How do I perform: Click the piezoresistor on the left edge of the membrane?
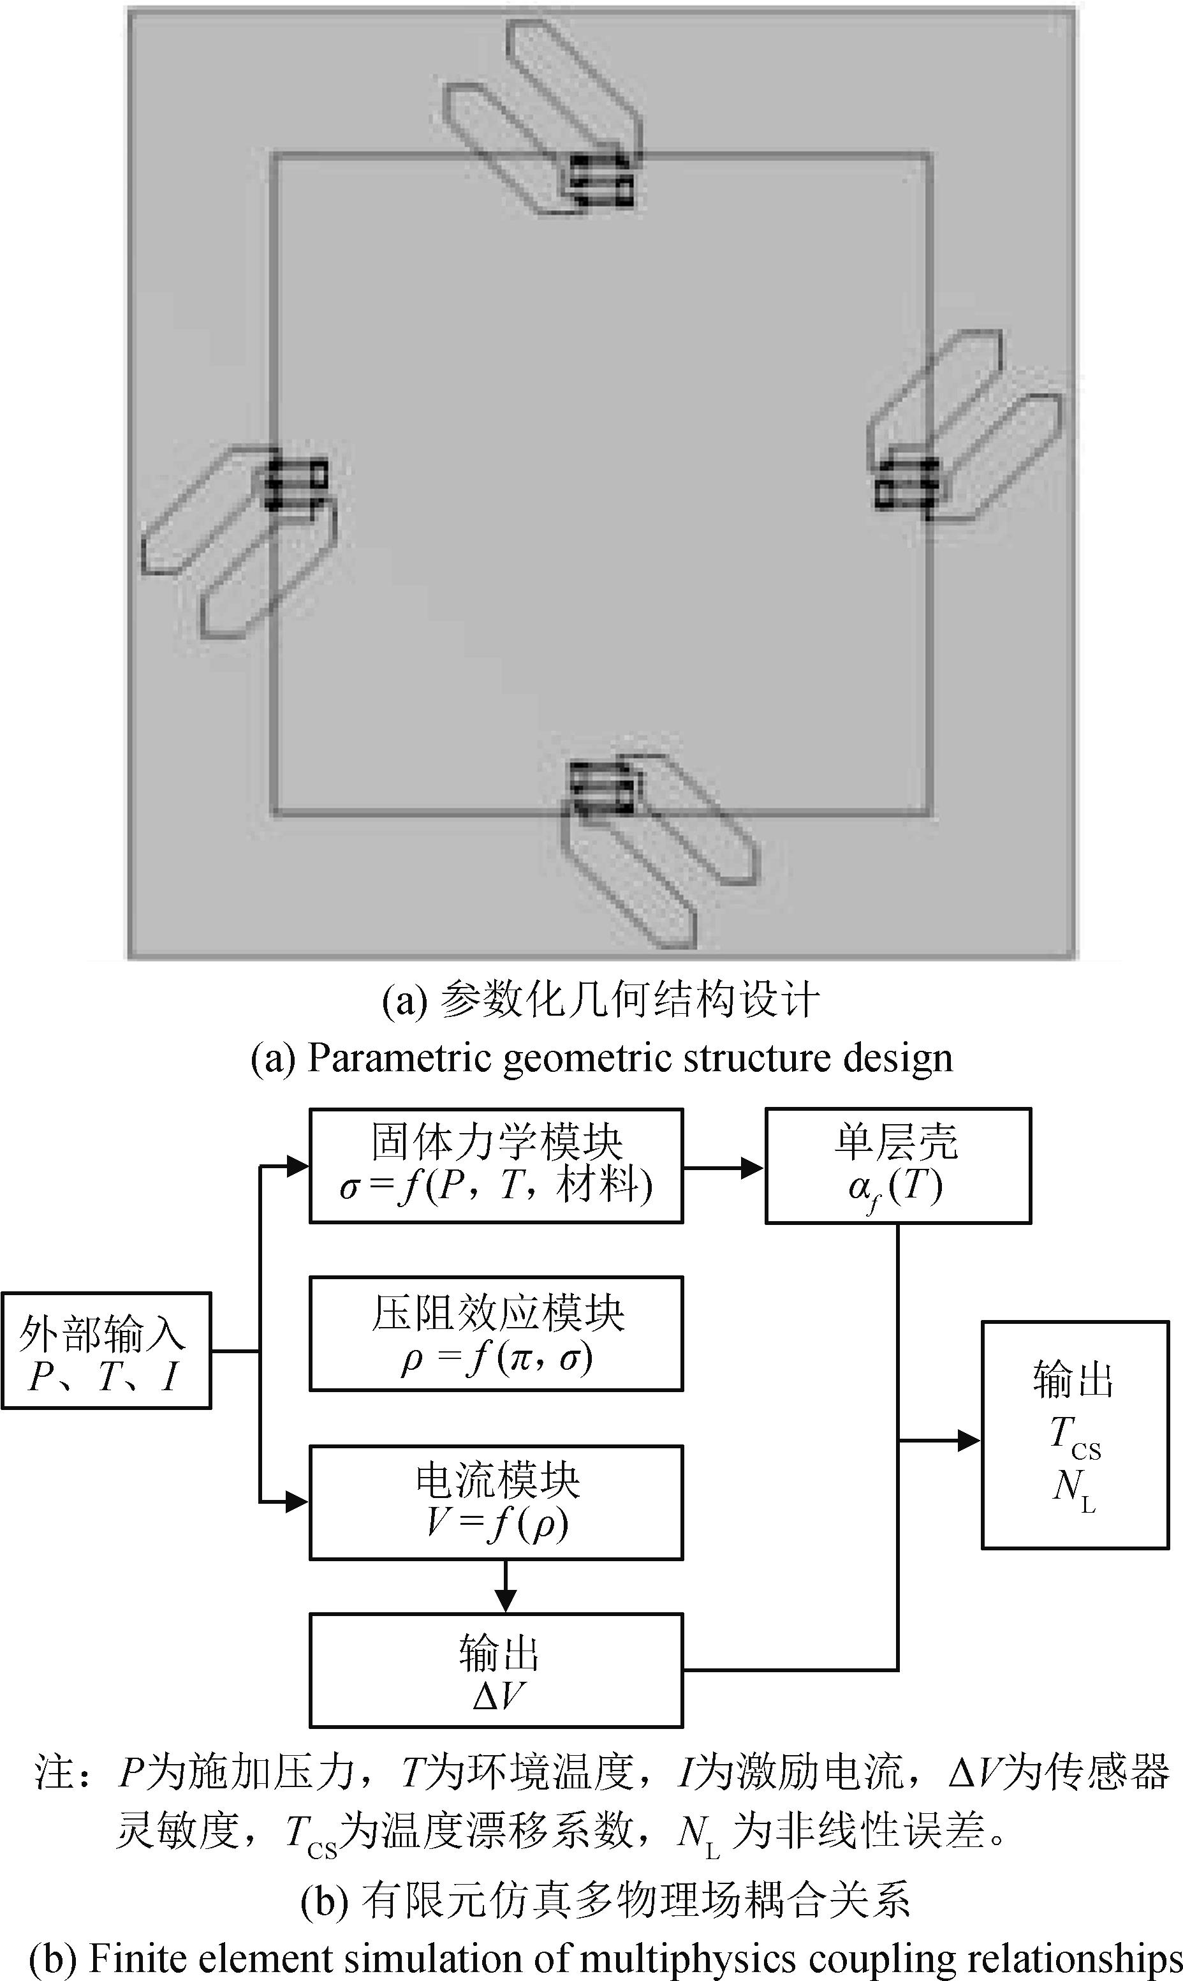click(x=297, y=482)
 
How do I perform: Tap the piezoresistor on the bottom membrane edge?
click(x=603, y=787)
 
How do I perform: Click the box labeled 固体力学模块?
click(x=496, y=1165)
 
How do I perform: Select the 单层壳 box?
click(x=898, y=1165)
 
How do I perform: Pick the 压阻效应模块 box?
click(x=496, y=1333)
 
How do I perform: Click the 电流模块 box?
click(x=496, y=1502)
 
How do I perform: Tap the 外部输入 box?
click(x=106, y=1351)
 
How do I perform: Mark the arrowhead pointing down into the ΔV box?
click(x=505, y=1599)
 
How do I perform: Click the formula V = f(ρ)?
click(x=496, y=1522)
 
